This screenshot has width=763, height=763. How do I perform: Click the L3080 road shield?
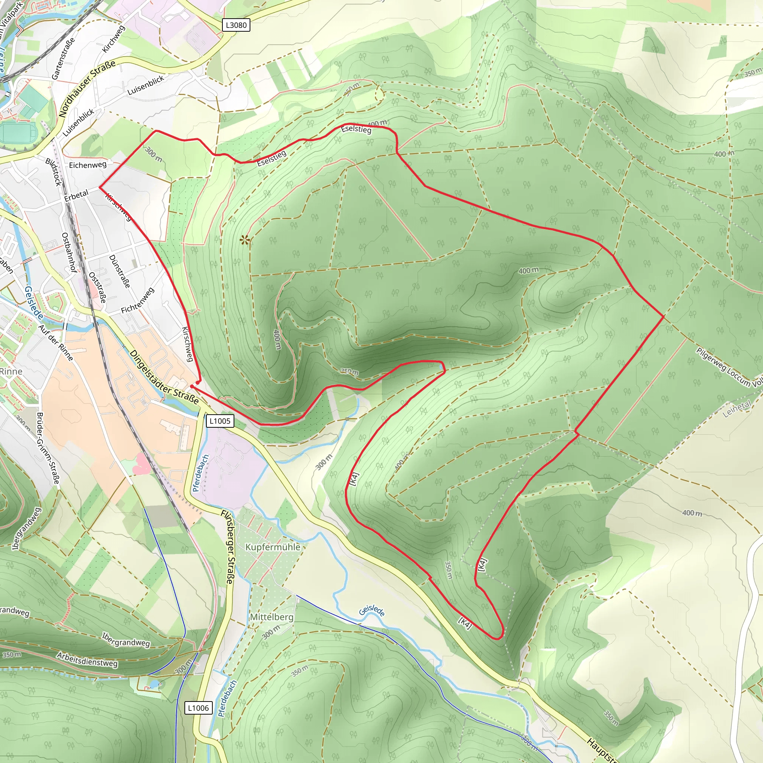236,25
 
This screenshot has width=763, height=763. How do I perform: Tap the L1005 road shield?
219,421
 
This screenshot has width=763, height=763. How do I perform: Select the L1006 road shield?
198,708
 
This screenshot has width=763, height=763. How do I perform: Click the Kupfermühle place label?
272,547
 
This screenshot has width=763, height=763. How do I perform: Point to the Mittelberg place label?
272,617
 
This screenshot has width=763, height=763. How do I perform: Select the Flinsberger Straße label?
228,547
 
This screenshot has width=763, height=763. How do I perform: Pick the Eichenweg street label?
88,165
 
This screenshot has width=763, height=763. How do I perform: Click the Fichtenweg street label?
137,301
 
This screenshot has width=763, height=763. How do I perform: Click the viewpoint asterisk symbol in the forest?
245,239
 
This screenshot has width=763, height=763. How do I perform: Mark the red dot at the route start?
197,382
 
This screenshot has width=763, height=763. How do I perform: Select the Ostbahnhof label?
69,252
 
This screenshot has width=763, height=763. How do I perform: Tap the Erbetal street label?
77,196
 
